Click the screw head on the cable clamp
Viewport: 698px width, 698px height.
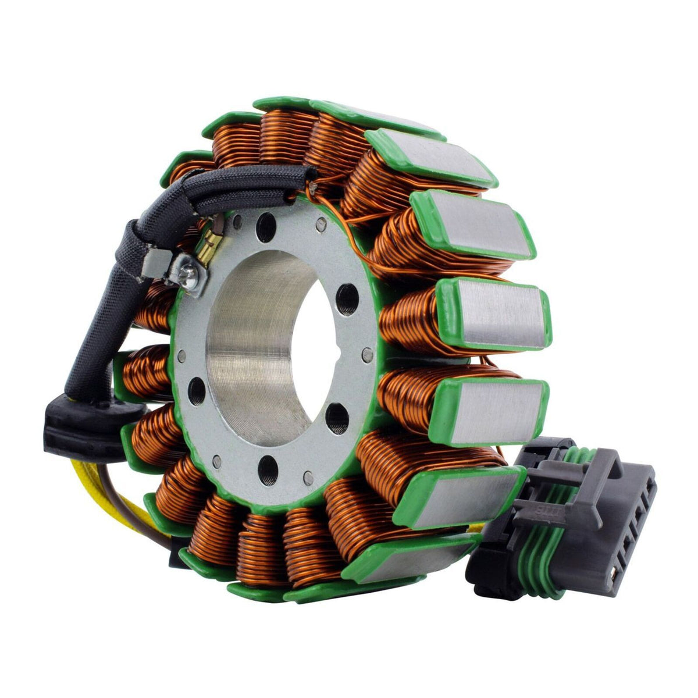[x=191, y=269]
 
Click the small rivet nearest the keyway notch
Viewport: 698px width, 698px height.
[x=367, y=353]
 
